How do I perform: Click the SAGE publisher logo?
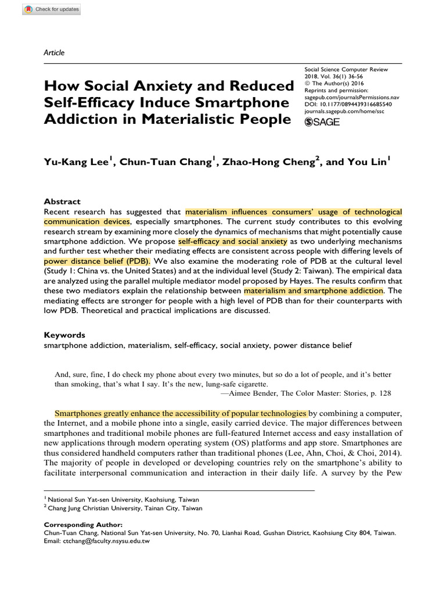point(322,121)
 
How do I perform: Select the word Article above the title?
point(54,53)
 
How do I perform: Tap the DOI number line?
point(348,105)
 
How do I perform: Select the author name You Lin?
point(365,163)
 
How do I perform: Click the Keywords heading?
point(64,335)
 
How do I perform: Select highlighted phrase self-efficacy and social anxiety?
point(232,241)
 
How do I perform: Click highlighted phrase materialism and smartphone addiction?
point(314,290)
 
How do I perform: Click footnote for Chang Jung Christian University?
point(125,508)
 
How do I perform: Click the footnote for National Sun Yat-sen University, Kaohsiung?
point(125,499)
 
